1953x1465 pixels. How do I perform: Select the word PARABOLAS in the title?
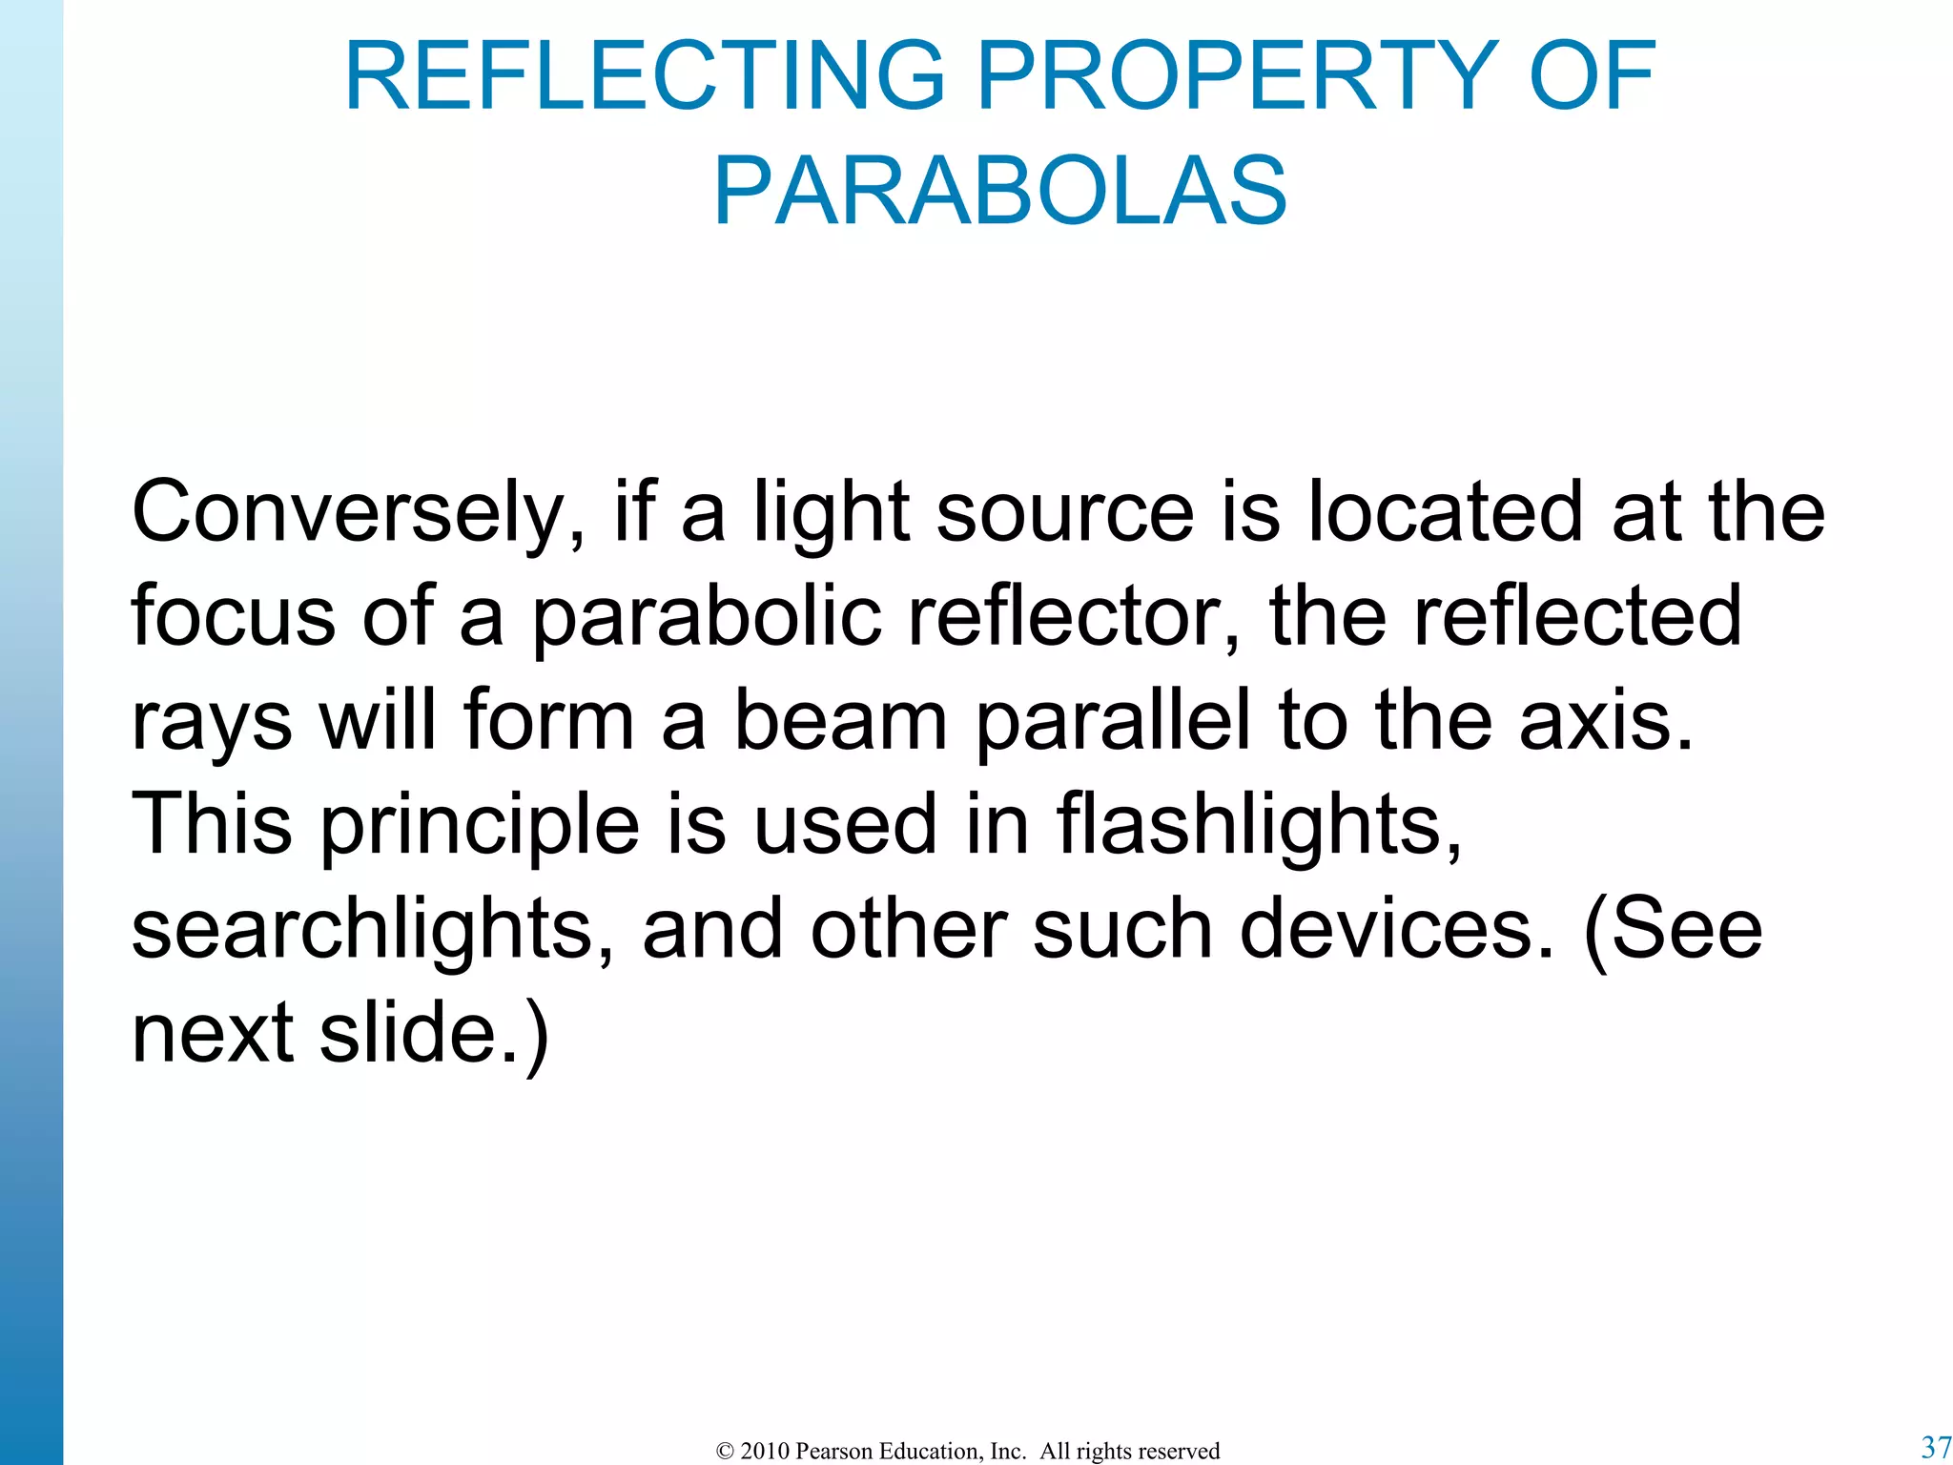(1000, 191)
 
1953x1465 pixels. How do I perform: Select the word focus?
(234, 617)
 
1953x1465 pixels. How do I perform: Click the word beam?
(840, 721)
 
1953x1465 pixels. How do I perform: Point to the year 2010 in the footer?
(765, 1451)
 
